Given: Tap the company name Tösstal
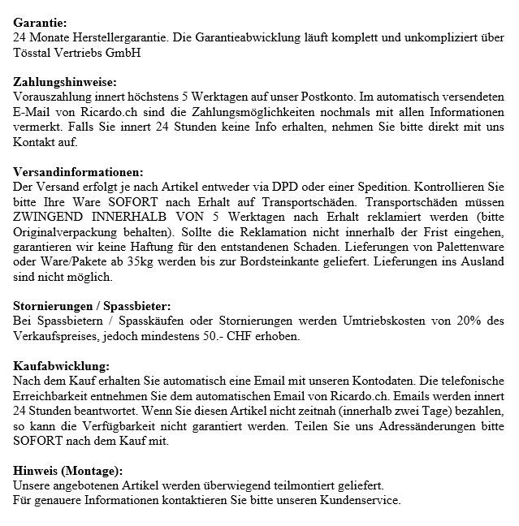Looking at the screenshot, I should [x=34, y=53].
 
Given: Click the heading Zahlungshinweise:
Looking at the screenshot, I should [x=66, y=81].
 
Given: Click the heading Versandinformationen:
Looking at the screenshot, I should [x=80, y=171].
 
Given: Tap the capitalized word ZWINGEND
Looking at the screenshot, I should [x=49, y=216].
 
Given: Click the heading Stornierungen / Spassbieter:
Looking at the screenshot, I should [x=93, y=305].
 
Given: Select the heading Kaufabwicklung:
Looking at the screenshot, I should [x=63, y=364].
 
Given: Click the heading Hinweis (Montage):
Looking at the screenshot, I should [x=68, y=470].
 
